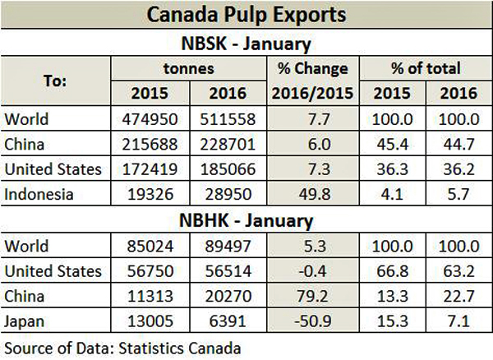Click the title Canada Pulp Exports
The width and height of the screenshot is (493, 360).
[x=246, y=15]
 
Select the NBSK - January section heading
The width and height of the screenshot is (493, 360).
[x=246, y=43]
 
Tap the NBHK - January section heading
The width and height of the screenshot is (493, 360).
[x=246, y=219]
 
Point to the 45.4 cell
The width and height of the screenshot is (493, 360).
[x=387, y=144]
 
